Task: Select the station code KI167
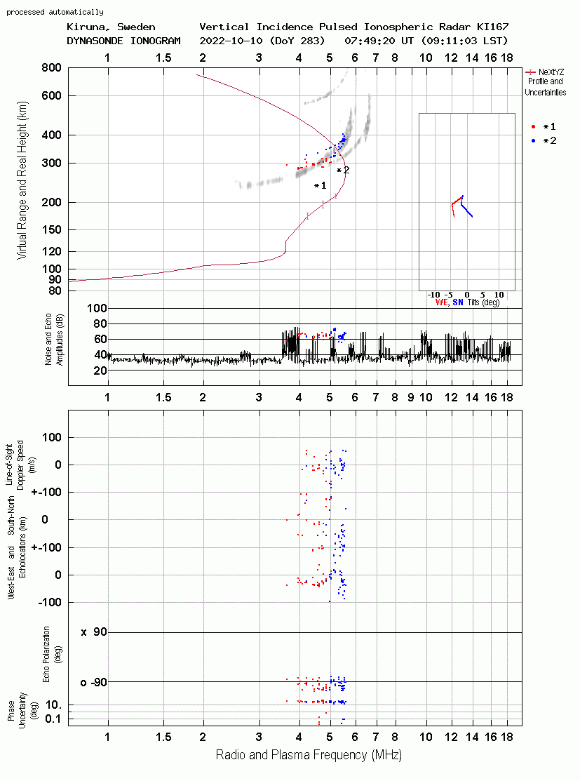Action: click(492, 27)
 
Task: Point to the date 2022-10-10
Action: click(231, 41)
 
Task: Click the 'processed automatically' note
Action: click(55, 12)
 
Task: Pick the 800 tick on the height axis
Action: click(51, 68)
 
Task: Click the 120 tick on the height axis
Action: click(51, 251)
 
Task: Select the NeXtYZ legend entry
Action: click(546, 82)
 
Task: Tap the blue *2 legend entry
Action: click(544, 141)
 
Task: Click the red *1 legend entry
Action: click(544, 127)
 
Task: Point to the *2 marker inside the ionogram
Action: click(343, 171)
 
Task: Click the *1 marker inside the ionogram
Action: click(320, 186)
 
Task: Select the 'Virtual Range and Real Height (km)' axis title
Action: click(22, 180)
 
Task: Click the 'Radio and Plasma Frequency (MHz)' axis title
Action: click(309, 755)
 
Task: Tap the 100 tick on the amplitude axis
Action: click(97, 308)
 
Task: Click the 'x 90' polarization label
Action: click(94, 632)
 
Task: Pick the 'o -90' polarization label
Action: click(94, 682)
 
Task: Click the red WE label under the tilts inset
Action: click(442, 302)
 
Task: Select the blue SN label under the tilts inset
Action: click(458, 302)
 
